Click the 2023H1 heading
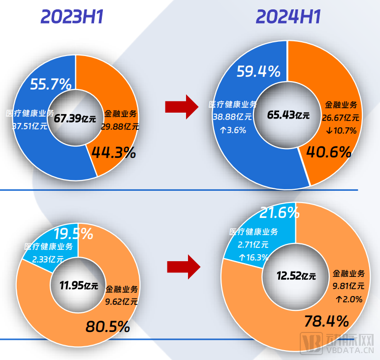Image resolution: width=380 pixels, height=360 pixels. point(72,17)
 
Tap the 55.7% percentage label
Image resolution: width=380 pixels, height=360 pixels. point(51,84)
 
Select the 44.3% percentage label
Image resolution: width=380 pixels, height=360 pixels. point(113,152)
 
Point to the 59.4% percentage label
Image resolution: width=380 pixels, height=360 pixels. point(258,72)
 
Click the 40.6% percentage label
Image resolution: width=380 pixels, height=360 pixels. point(329,151)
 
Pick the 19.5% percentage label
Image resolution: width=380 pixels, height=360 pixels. point(73,233)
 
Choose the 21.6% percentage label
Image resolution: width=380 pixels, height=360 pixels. point(280,212)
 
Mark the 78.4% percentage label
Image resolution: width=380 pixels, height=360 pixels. point(327,322)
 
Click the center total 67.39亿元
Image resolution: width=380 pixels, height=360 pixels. point(75,118)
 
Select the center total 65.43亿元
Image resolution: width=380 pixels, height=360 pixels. point(288,115)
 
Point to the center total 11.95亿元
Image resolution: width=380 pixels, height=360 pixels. point(79,285)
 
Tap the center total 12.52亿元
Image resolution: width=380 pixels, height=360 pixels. point(295,276)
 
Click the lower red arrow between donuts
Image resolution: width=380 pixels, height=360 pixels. point(184,266)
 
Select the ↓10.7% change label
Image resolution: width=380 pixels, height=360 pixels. point(341,130)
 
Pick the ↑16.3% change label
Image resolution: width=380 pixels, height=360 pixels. point(253,257)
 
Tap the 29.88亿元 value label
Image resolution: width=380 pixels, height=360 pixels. point(121,126)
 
